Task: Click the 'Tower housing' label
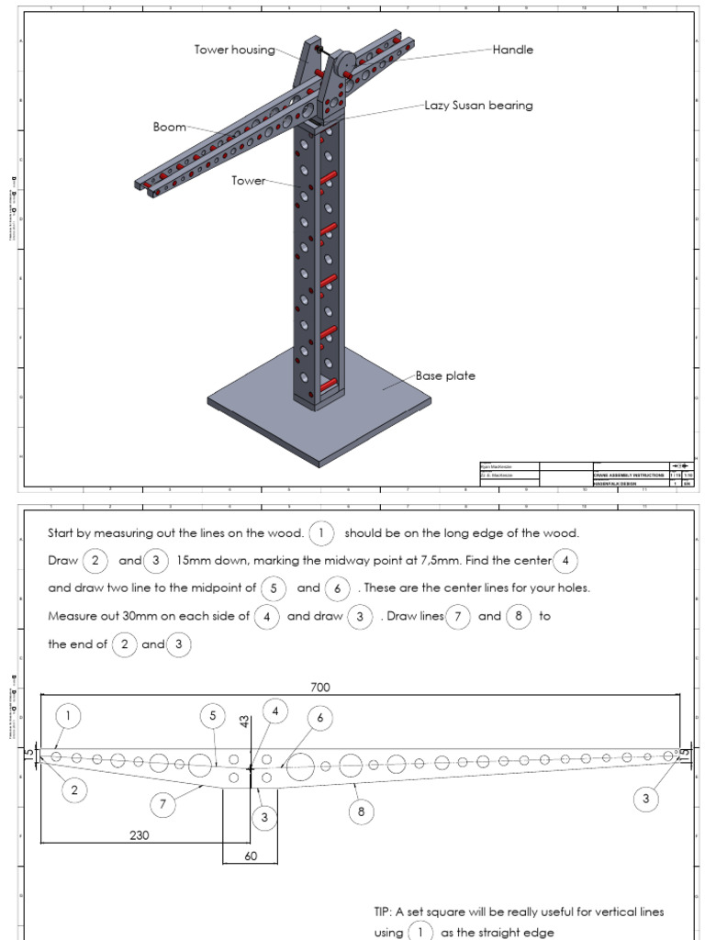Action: click(x=234, y=50)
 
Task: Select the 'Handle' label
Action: click(x=512, y=50)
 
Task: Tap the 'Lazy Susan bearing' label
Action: click(x=478, y=106)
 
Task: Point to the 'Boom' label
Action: click(x=169, y=128)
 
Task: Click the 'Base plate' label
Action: click(x=445, y=375)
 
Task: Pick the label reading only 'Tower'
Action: click(x=248, y=181)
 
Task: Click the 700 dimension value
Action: click(x=319, y=687)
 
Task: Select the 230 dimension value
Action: click(x=139, y=835)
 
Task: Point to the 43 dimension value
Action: click(x=245, y=722)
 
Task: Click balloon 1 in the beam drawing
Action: click(x=67, y=715)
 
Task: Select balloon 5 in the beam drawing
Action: click(x=212, y=715)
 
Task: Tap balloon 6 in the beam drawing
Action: click(x=319, y=718)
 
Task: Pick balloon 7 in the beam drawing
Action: click(x=162, y=805)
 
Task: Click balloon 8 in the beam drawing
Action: click(x=362, y=811)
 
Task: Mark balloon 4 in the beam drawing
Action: click(x=274, y=711)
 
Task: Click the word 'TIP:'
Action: click(x=384, y=912)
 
